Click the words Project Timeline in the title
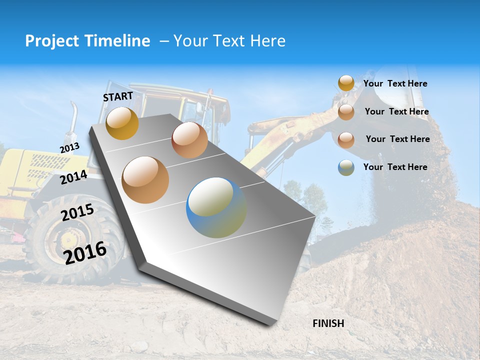click(x=87, y=41)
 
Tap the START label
click(x=118, y=96)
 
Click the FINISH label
click(x=328, y=323)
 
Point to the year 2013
click(x=69, y=148)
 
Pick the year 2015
click(x=77, y=212)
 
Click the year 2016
click(x=85, y=252)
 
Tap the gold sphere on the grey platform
click(x=122, y=123)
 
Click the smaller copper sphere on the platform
click(x=189, y=140)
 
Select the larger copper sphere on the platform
click(x=145, y=180)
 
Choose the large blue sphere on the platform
click(x=216, y=207)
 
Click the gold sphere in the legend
click(x=346, y=83)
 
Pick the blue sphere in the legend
click(x=346, y=167)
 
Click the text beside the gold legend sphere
click(x=395, y=84)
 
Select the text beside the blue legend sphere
click(x=395, y=167)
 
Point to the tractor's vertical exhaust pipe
click(x=73, y=120)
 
